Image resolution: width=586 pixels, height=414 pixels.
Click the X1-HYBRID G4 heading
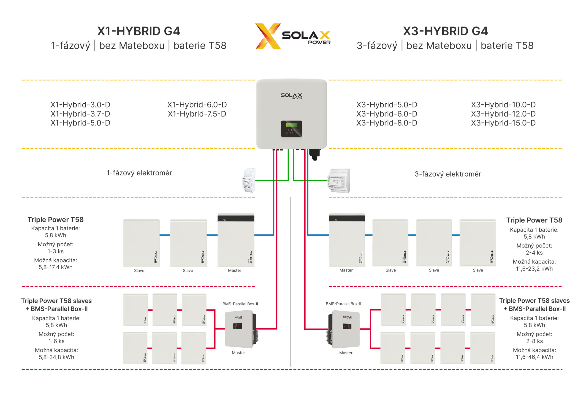(x=138, y=31)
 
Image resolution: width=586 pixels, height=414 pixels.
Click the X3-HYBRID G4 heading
(x=445, y=31)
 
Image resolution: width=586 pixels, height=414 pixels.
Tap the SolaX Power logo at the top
(x=293, y=36)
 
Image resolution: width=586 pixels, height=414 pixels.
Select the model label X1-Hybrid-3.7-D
(x=80, y=114)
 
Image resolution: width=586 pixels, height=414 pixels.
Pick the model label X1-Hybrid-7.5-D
(x=197, y=114)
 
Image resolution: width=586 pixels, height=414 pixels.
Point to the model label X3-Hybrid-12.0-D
(x=503, y=114)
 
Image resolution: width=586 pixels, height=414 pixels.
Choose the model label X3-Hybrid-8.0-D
(x=387, y=123)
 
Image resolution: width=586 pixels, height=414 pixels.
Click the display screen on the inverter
(x=291, y=125)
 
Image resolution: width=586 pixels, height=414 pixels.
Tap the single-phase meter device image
(x=249, y=180)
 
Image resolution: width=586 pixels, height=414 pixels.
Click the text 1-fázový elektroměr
(x=139, y=173)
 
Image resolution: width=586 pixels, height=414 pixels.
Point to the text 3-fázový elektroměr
(x=448, y=174)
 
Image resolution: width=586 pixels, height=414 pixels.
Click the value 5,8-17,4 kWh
(x=55, y=267)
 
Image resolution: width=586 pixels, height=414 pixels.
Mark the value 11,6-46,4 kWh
(x=534, y=357)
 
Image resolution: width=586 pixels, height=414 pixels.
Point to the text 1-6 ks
(x=56, y=341)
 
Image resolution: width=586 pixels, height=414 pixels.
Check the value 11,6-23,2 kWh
(x=534, y=269)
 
